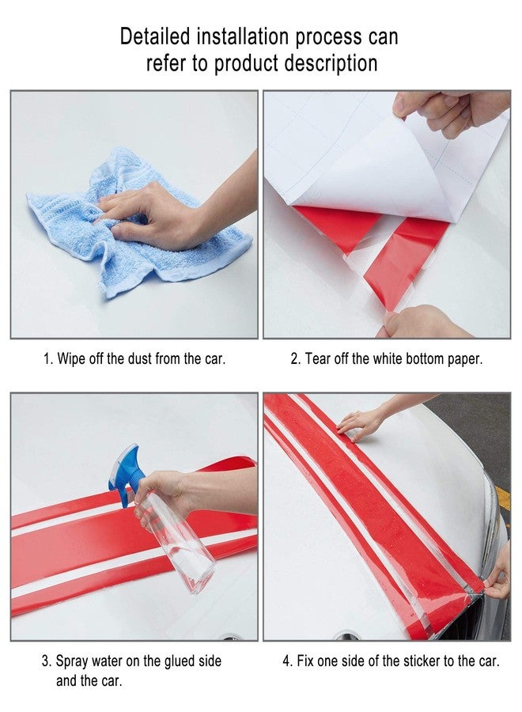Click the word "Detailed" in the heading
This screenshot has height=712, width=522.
pyautogui.click(x=154, y=36)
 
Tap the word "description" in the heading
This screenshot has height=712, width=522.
pyautogui.click(x=331, y=63)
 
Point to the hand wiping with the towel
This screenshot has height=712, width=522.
pyautogui.click(x=172, y=209)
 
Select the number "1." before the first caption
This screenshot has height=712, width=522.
pyautogui.click(x=48, y=358)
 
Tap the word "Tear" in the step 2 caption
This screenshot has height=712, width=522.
pyautogui.click(x=317, y=358)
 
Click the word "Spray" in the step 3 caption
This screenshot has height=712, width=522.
pyautogui.click(x=71, y=661)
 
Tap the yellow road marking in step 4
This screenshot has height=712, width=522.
pyautogui.click(x=502, y=498)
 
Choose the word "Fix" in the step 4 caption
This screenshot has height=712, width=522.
pyautogui.click(x=305, y=661)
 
